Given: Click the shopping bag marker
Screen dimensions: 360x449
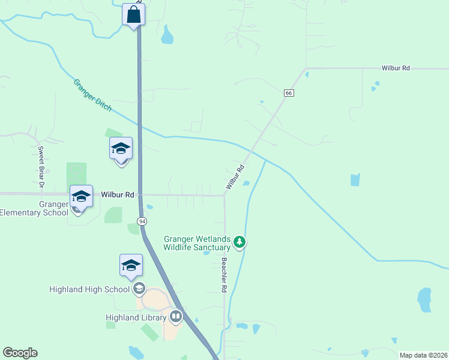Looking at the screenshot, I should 133,14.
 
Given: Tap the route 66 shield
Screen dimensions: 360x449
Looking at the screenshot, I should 289,93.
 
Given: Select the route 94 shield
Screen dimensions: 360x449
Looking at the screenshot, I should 142,221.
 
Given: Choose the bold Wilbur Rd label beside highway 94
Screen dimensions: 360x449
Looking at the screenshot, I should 118,195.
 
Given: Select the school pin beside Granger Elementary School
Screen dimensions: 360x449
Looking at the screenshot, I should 81,196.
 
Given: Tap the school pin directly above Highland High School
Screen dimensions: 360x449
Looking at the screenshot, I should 131,266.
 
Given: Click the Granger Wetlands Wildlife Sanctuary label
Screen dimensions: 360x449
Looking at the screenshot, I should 197,243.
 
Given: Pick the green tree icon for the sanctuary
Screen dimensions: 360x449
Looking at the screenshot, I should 240,242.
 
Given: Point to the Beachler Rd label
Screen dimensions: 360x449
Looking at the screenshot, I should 224,275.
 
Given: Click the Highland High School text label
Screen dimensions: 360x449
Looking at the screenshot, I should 89,289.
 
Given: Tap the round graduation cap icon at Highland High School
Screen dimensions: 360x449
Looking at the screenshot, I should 139,289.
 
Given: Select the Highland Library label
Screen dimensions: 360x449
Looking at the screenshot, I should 136,317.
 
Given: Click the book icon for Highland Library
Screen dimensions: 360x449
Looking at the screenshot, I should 176,316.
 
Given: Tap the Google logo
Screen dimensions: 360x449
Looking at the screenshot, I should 20,353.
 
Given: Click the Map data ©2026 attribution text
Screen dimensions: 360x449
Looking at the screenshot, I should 423,355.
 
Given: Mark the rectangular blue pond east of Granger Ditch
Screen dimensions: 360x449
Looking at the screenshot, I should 355,179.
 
